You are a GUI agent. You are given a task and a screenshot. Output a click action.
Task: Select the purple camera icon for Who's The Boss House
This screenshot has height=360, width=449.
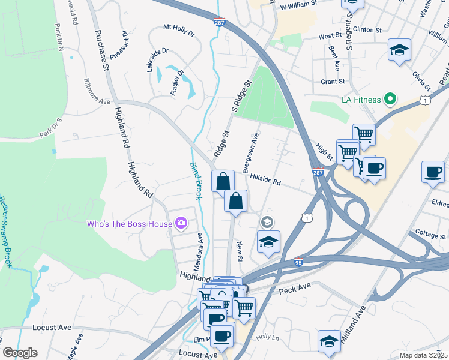click(x=181, y=224)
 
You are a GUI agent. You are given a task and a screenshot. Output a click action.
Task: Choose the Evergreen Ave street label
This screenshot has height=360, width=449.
click(x=250, y=153)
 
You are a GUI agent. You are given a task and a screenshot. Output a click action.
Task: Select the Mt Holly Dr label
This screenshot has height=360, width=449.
click(x=179, y=31)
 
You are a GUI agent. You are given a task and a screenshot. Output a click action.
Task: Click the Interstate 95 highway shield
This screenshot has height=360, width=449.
click(x=299, y=262)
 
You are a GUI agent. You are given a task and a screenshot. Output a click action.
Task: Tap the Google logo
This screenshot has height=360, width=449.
click(x=20, y=353)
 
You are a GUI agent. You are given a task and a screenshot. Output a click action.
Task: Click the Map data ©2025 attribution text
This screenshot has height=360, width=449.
click(x=423, y=355)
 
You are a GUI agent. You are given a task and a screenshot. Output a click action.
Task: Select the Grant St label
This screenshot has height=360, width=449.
click(x=333, y=82)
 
